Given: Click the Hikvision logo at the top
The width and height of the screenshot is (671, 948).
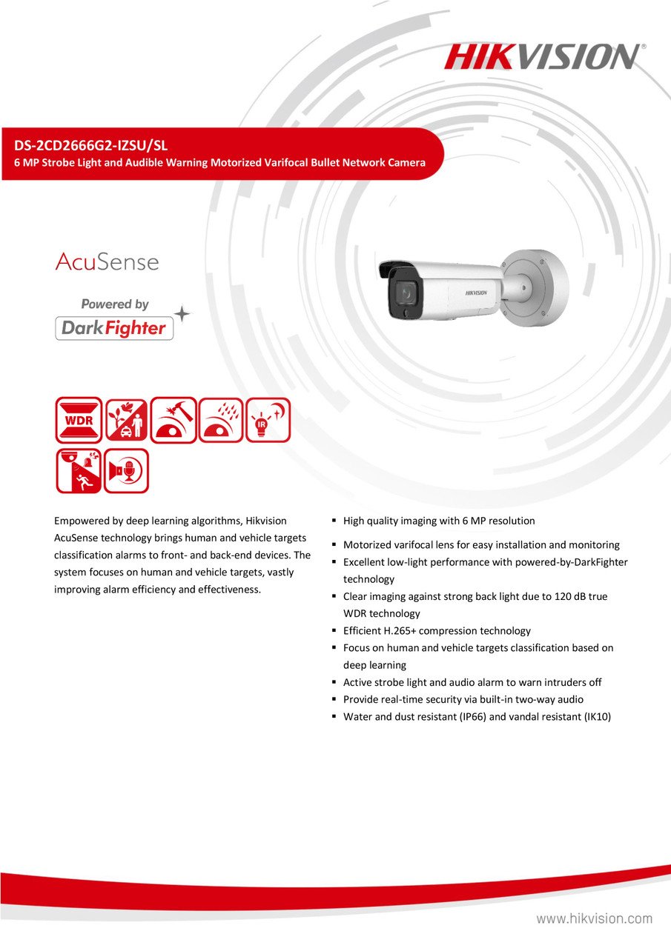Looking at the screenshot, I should point(544,57).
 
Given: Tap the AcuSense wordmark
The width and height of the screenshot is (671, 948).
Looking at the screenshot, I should point(107,261).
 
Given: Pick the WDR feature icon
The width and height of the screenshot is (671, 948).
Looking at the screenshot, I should point(79,420).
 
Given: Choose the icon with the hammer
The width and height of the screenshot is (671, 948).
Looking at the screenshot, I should point(173,420).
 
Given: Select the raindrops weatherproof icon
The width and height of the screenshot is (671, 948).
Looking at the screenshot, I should point(220,420).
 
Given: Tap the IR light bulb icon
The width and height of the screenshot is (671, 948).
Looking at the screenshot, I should point(268,420).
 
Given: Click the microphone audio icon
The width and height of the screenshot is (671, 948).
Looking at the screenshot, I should point(126,471).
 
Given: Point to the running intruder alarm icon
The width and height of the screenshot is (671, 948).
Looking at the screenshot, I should point(79,471).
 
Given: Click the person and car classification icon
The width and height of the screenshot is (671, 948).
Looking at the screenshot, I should point(126,420).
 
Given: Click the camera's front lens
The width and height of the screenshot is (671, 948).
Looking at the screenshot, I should point(405,293).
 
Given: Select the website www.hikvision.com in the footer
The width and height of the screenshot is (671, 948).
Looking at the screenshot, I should point(594,919).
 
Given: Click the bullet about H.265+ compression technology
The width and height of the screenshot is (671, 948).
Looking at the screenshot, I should point(437,631).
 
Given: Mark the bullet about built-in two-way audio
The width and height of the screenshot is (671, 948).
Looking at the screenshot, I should point(463,699).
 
